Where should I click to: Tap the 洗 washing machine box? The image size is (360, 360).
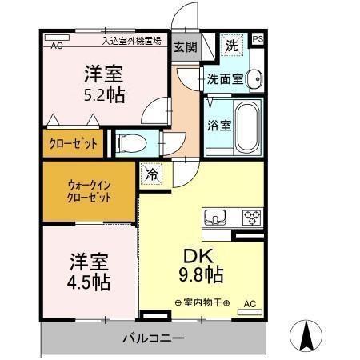click(230, 45)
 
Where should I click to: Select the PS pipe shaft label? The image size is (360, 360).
click(258, 38)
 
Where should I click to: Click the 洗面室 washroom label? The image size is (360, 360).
click(223, 79)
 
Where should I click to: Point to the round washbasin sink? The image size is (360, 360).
click(254, 78)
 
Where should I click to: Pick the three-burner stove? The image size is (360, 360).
click(251, 216)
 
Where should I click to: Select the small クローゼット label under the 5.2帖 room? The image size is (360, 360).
click(74, 144)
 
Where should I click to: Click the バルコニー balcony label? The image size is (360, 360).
click(154, 337)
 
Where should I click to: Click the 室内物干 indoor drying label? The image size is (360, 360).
click(202, 303)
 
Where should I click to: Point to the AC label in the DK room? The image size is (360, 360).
click(250, 303)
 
